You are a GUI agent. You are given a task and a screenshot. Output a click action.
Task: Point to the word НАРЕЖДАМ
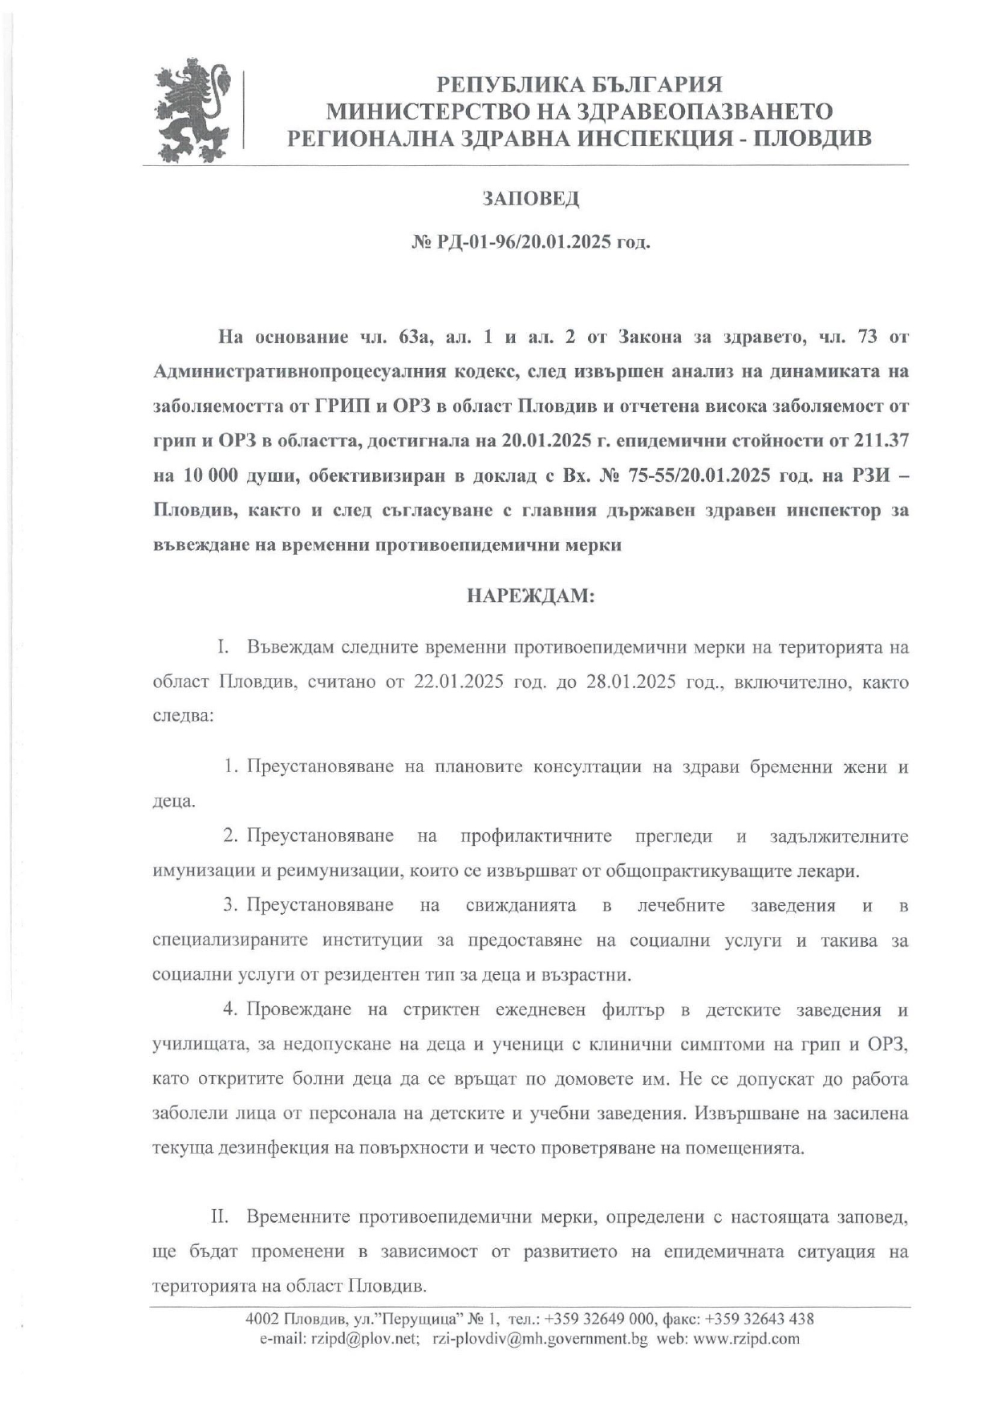[530, 596]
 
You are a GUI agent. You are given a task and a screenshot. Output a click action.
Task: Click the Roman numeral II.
[220, 1217]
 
